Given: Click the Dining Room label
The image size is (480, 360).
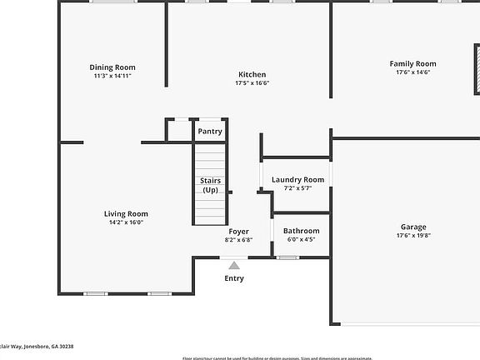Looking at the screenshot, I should point(112,67).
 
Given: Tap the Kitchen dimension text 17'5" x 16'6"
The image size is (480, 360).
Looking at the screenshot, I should point(252,83).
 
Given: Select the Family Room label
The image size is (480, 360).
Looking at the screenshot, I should point(412,63).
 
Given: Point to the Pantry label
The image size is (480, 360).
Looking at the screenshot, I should point(209,132).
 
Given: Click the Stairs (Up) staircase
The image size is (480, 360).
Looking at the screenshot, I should point(209,184).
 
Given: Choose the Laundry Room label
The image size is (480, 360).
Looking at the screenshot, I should point(297,179).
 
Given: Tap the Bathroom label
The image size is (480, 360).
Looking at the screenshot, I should point(301,231).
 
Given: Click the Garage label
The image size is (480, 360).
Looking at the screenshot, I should point(412,227).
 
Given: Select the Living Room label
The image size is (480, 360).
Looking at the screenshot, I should point(126,213).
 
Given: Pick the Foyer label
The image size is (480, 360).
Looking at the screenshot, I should point(238,231).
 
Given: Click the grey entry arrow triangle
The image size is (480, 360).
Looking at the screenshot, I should point(234,265).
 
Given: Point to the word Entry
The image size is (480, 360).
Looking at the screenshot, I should point(234,278).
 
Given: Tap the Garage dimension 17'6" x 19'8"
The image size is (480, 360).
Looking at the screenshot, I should point(412,236).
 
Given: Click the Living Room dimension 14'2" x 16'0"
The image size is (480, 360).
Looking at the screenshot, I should point(126,222).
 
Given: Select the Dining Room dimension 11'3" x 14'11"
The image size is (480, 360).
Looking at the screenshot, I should point(112,76).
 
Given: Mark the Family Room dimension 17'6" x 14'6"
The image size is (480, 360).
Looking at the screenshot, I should point(412,72).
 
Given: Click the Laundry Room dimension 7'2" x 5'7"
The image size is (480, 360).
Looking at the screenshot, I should point(297,188).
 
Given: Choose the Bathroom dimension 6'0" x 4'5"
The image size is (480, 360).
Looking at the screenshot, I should point(301,240).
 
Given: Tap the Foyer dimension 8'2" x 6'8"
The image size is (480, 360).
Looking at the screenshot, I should point(238,240).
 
